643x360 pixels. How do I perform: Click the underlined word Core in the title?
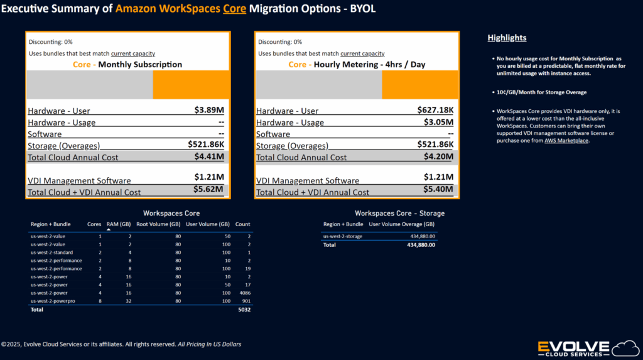[x=235, y=9]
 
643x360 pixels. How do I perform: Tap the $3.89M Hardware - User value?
[x=209, y=110]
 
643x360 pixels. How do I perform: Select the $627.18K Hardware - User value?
[x=436, y=110]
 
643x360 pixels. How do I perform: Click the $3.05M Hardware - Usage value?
[x=439, y=122]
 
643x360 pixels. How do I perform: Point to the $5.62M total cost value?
[x=208, y=189]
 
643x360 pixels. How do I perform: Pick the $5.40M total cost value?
[x=438, y=189]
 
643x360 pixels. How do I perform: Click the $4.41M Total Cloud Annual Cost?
[x=209, y=156]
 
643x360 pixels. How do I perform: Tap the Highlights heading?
[x=507, y=38]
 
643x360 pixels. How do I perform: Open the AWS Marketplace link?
[x=566, y=140]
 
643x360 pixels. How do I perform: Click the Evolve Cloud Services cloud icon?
[x=626, y=349]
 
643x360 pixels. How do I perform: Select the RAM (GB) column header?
[x=119, y=224]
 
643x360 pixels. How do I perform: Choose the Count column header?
[x=243, y=224]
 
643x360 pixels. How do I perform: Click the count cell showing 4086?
[x=245, y=293]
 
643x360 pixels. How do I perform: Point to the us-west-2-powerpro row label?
[x=53, y=301]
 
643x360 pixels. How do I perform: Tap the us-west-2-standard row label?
[x=51, y=253]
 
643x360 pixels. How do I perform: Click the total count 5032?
[x=244, y=310]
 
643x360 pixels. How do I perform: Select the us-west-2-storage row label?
[x=343, y=236]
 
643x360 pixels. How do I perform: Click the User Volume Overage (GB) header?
[x=401, y=224]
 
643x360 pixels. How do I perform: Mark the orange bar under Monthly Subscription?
[x=191, y=85]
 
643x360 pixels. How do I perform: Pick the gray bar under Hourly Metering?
[x=319, y=85]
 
